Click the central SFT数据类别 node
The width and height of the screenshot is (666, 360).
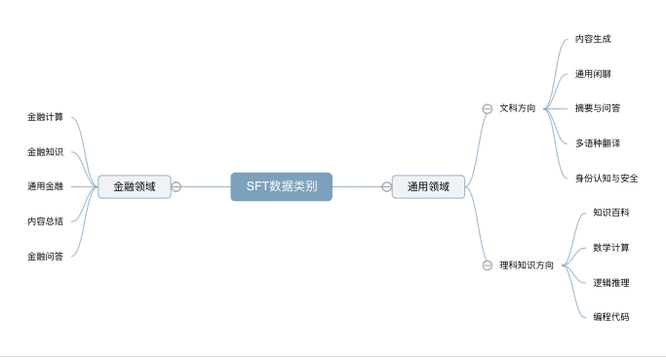point(281,186)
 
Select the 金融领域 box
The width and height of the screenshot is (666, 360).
point(134,186)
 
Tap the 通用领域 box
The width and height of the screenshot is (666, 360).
point(428,186)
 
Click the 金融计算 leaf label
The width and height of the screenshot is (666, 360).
point(45,117)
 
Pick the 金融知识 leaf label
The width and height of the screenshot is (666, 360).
point(45,151)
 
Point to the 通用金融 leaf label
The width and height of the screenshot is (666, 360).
point(45,185)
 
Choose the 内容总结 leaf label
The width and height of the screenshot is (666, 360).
point(45,220)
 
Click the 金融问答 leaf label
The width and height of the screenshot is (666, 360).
point(45,256)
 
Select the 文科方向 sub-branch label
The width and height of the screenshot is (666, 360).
point(517,108)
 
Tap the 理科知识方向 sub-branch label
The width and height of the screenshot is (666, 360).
point(527,264)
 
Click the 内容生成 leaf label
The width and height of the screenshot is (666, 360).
point(593,39)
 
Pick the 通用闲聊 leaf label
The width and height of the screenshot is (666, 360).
point(593,73)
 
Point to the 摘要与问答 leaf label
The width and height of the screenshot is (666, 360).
point(598,108)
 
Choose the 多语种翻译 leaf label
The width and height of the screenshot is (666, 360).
point(598,142)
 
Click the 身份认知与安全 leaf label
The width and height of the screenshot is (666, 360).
point(607,178)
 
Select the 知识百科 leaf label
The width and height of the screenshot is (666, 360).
point(611,212)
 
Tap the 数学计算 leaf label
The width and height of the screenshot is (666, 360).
point(611,247)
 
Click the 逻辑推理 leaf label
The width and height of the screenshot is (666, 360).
point(611,282)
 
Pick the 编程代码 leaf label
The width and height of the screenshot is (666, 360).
point(611,316)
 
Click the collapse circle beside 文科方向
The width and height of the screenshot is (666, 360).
point(488,108)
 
